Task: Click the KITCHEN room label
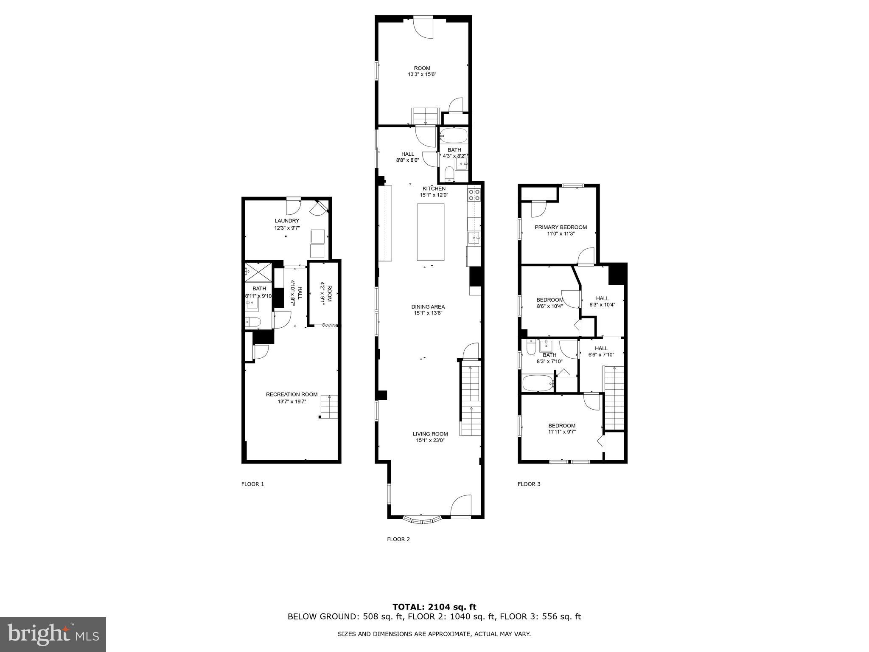(x=434, y=188)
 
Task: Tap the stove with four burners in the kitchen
(x=474, y=195)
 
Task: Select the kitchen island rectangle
(x=431, y=232)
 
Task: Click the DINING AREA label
(x=428, y=306)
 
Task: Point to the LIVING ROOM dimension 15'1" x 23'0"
(x=430, y=440)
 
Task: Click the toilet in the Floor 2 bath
(x=449, y=174)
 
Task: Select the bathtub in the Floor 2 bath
(x=454, y=136)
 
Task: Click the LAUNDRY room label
(x=287, y=221)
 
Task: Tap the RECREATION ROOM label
(x=292, y=394)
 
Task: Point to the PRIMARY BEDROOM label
(x=561, y=227)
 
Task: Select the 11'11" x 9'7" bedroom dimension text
(x=562, y=432)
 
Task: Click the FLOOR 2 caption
(x=398, y=540)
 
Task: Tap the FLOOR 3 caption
(x=529, y=484)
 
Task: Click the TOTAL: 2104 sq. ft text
(x=434, y=607)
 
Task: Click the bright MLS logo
(x=53, y=634)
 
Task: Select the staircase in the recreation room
(x=329, y=407)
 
